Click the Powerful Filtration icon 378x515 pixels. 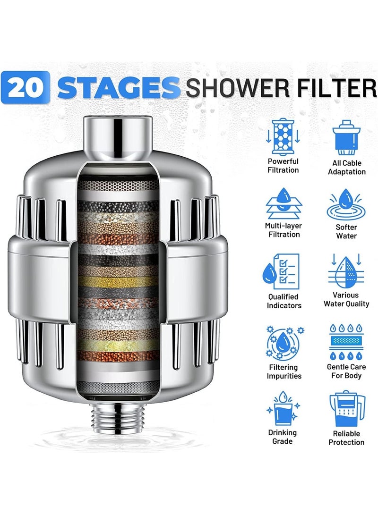click(x=283, y=137)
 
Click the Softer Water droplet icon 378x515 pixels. click(x=346, y=203)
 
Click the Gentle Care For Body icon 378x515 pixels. click(x=346, y=342)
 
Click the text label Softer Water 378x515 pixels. click(x=346, y=231)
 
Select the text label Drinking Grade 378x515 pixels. click(x=283, y=437)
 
